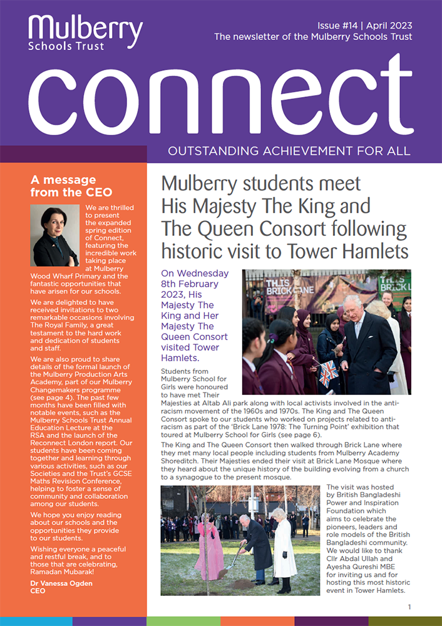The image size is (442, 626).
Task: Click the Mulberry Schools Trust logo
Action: coord(85,33)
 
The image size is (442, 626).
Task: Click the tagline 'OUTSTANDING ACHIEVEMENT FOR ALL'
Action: coord(289,151)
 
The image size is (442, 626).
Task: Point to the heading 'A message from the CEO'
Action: coord(71,186)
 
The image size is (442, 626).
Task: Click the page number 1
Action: coord(409,607)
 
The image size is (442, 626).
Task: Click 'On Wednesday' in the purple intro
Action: coord(195,274)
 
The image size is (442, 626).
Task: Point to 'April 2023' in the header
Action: coord(385,25)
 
